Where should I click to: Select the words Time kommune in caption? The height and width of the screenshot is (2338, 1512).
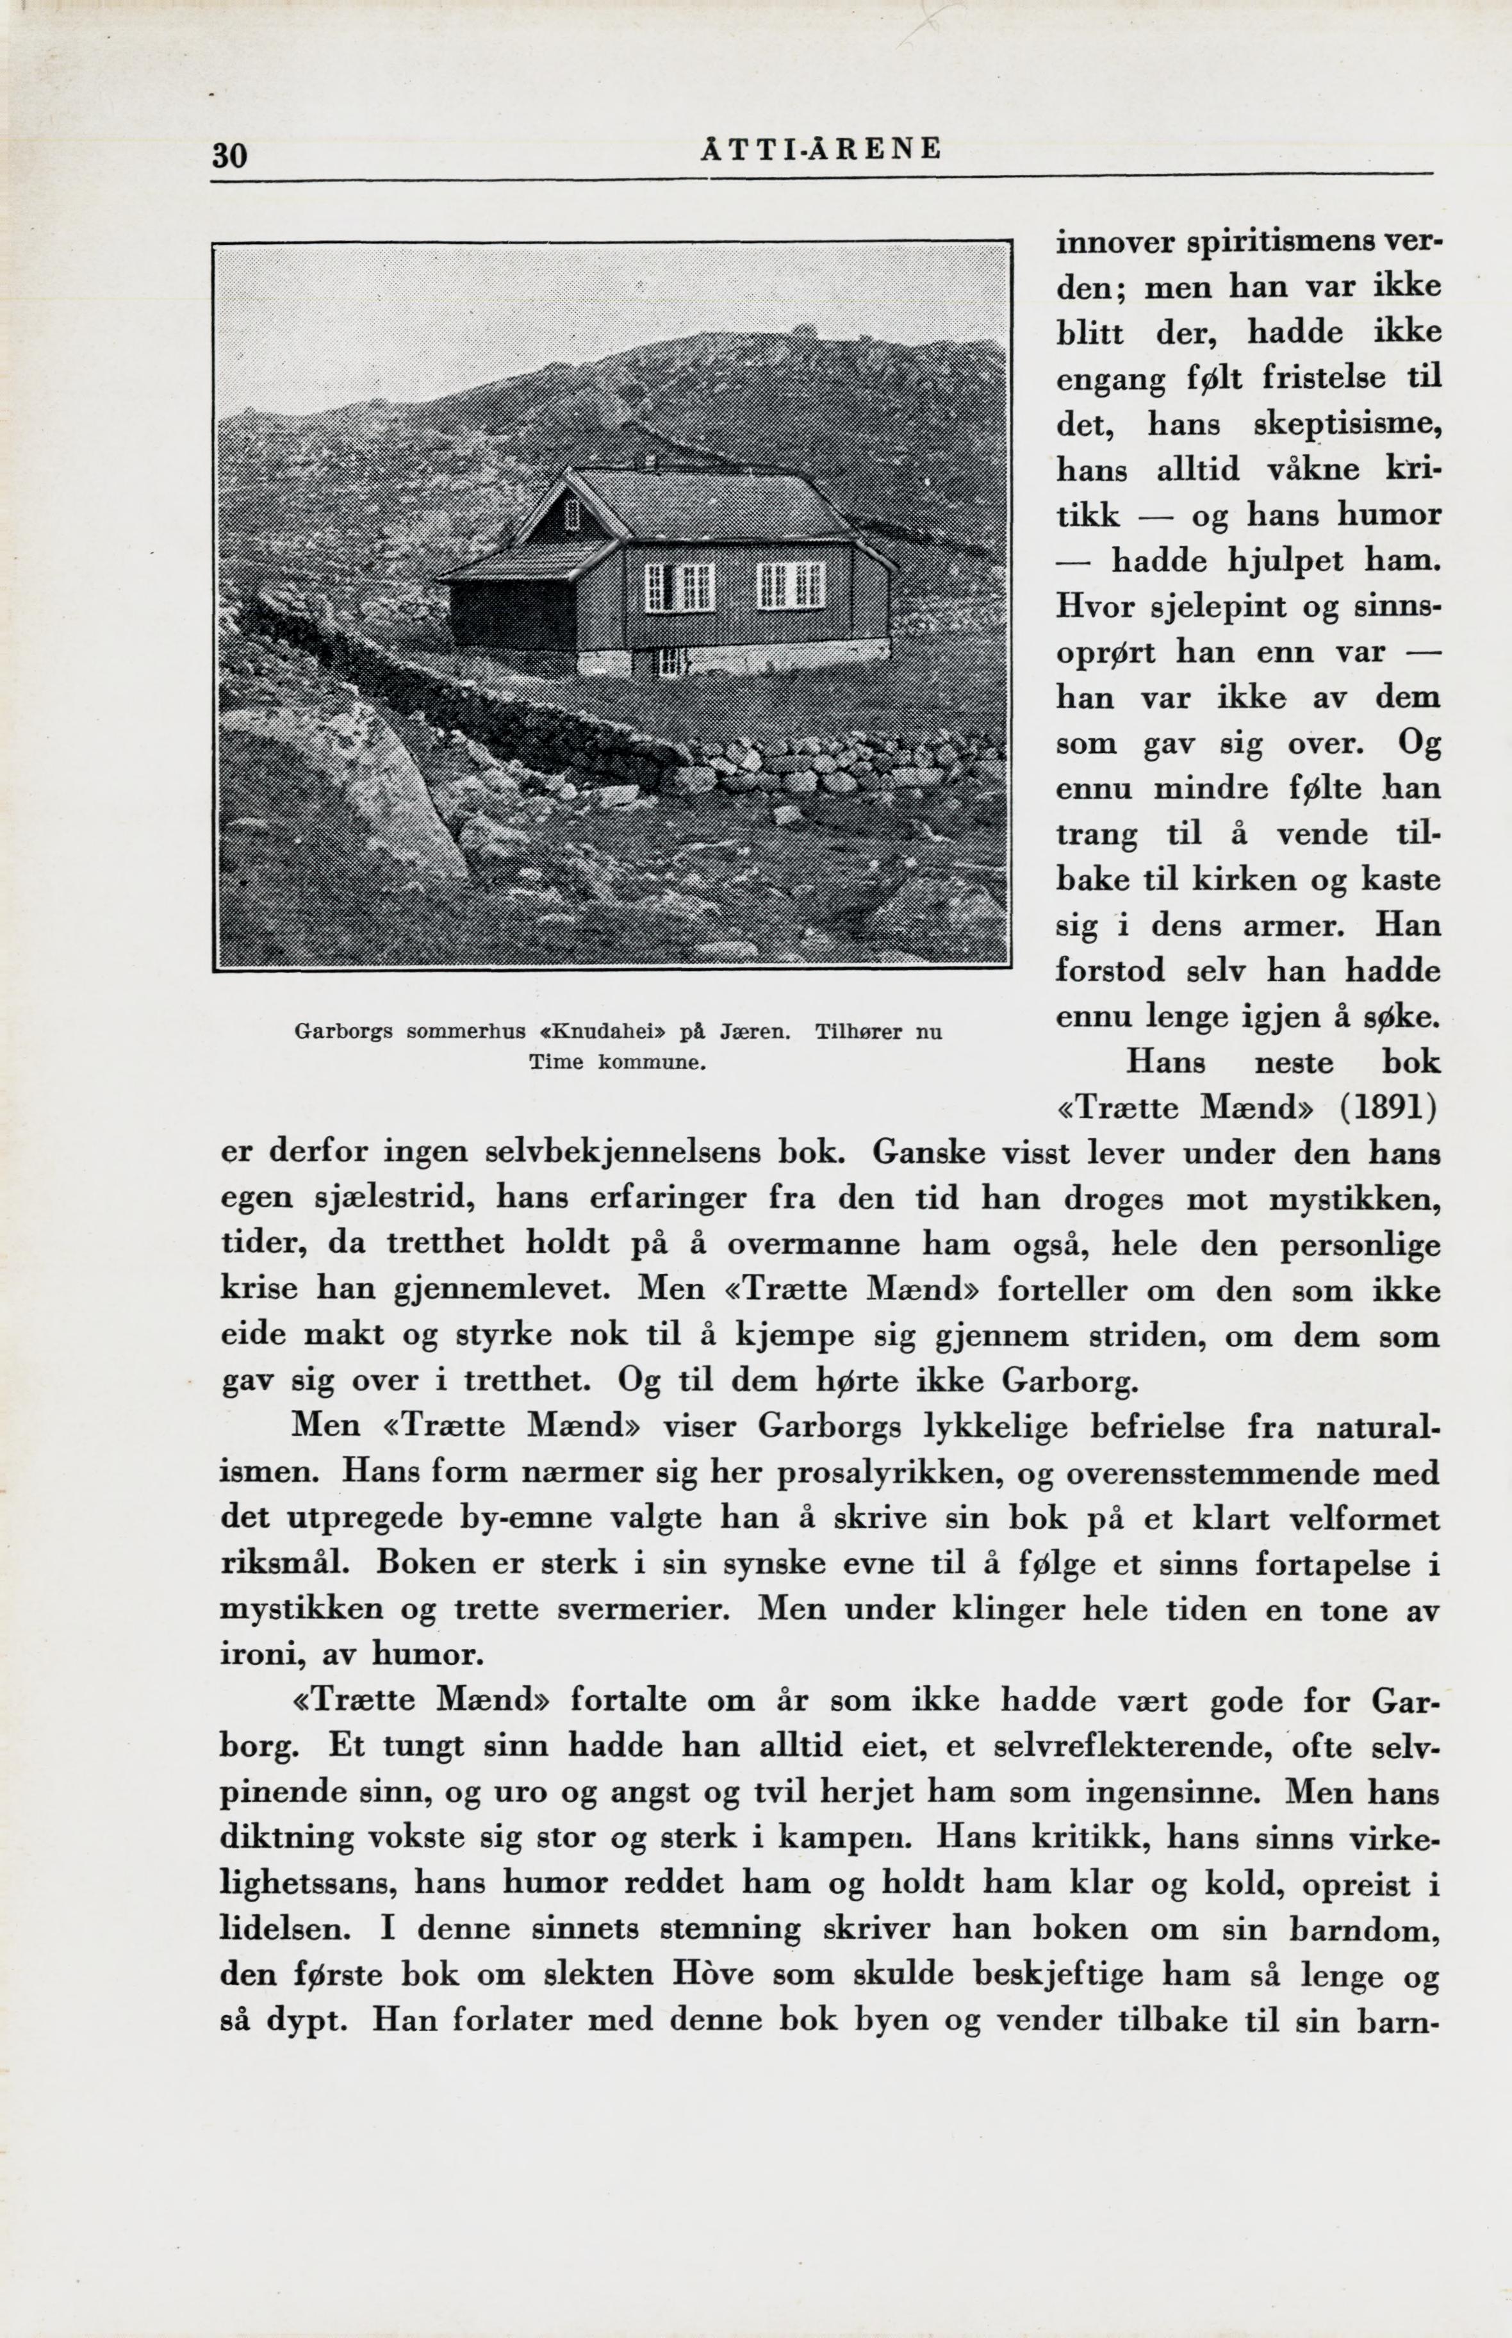[618, 1063]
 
